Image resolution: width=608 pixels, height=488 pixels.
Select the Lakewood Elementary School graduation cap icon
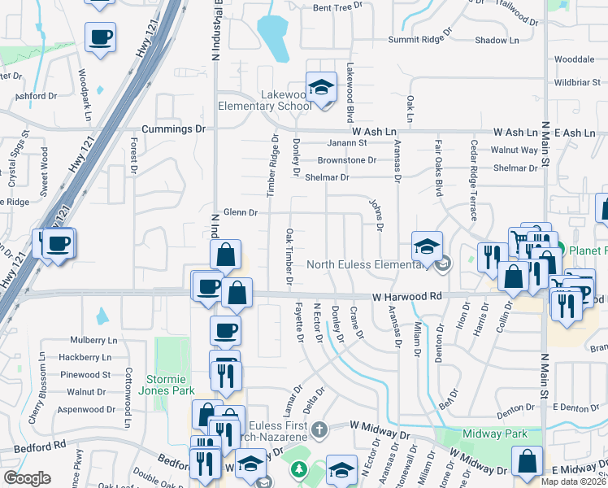tap(322, 87)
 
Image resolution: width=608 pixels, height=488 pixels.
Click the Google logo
tap(27, 478)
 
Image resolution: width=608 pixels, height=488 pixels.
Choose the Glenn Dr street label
tap(240, 212)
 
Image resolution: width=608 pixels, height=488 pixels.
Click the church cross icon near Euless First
tap(320, 429)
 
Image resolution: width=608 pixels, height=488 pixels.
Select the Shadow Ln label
tap(497, 40)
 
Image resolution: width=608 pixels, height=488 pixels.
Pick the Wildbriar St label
tap(576, 82)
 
